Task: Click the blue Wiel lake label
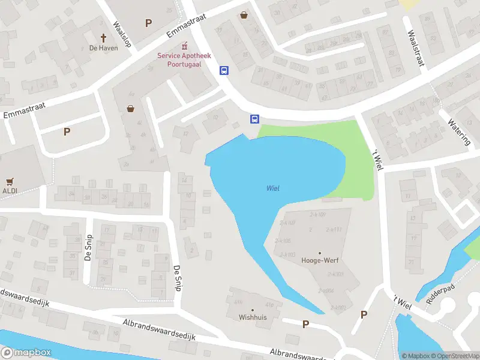273,188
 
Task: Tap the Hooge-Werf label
319,261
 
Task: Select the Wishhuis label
253,317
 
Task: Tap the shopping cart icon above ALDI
10,181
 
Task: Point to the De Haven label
103,47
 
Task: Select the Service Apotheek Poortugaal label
184,60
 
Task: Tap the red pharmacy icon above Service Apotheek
184,46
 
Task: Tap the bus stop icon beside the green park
254,119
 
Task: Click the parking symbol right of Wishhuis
305,325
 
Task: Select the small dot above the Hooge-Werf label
319,253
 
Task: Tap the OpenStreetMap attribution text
454,356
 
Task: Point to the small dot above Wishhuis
253,310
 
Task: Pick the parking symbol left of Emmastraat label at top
148,23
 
